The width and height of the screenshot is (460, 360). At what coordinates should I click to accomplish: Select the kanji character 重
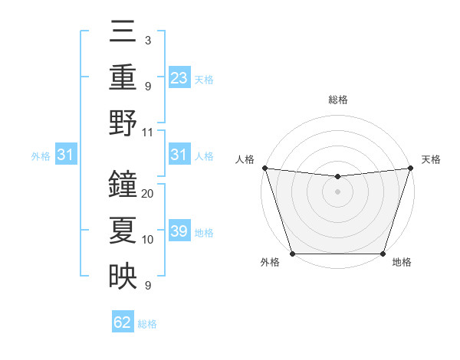[x=123, y=77]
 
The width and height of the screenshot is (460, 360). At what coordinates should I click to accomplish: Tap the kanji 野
[x=123, y=123]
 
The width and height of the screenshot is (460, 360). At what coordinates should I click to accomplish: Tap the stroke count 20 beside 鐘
[x=148, y=194]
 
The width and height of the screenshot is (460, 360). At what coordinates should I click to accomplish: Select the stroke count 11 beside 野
[x=148, y=132]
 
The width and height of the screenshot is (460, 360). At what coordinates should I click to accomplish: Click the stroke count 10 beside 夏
[x=148, y=240]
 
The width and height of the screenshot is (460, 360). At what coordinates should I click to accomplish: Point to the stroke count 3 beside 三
[x=147, y=40]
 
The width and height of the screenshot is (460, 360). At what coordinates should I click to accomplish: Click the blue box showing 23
[x=179, y=77]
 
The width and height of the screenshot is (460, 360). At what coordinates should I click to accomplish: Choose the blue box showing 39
[x=179, y=231]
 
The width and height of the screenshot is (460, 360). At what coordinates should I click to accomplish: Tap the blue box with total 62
[x=123, y=322]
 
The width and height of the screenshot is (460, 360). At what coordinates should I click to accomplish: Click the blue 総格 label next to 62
[x=147, y=324]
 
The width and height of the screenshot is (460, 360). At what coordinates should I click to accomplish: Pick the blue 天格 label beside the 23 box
[x=204, y=79]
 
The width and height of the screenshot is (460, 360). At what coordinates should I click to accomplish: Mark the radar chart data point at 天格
[x=410, y=168]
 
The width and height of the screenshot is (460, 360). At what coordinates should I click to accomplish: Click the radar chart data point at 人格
[x=264, y=168]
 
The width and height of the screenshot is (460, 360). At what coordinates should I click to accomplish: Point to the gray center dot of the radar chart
[x=337, y=191]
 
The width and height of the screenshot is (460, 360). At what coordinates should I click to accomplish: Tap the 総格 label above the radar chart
[x=337, y=100]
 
